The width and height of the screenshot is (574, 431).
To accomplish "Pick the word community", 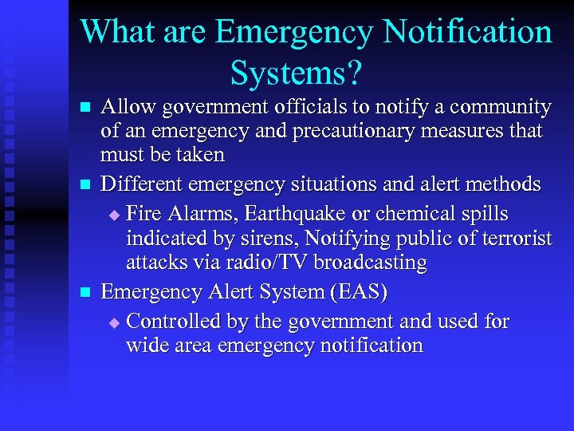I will pyautogui.click(x=501, y=107).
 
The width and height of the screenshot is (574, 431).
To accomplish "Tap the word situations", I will pyautogui.click(x=337, y=184).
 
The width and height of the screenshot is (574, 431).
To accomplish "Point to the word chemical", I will pyautogui.click(x=417, y=215).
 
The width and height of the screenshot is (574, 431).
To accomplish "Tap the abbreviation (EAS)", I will pyautogui.click(x=356, y=292).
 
